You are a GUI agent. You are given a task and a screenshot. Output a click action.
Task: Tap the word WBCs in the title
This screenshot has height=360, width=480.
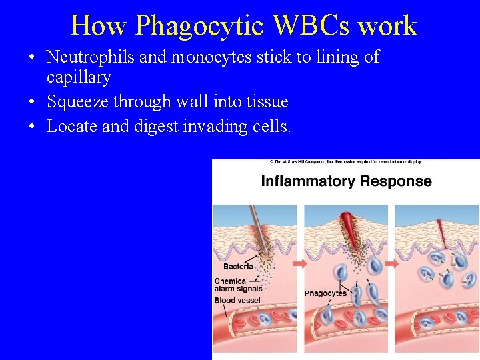point(303,26)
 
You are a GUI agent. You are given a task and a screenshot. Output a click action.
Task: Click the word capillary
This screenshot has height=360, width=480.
point(78,77)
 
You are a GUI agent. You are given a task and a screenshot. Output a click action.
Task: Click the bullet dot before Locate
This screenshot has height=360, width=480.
point(32,126)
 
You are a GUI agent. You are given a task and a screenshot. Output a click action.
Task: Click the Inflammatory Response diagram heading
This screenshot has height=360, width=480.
point(346,181)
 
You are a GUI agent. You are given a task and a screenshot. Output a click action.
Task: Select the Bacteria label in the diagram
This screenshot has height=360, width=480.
point(238,267)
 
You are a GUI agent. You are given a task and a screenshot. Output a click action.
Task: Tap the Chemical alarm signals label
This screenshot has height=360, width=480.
point(238,285)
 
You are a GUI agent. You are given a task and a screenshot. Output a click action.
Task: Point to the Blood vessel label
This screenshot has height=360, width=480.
point(238,301)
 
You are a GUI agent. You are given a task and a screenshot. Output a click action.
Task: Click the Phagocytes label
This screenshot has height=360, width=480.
point(325,293)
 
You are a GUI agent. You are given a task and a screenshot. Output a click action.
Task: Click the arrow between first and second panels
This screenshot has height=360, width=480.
point(299,264)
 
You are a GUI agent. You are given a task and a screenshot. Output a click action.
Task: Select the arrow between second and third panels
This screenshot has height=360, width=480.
point(391,264)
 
